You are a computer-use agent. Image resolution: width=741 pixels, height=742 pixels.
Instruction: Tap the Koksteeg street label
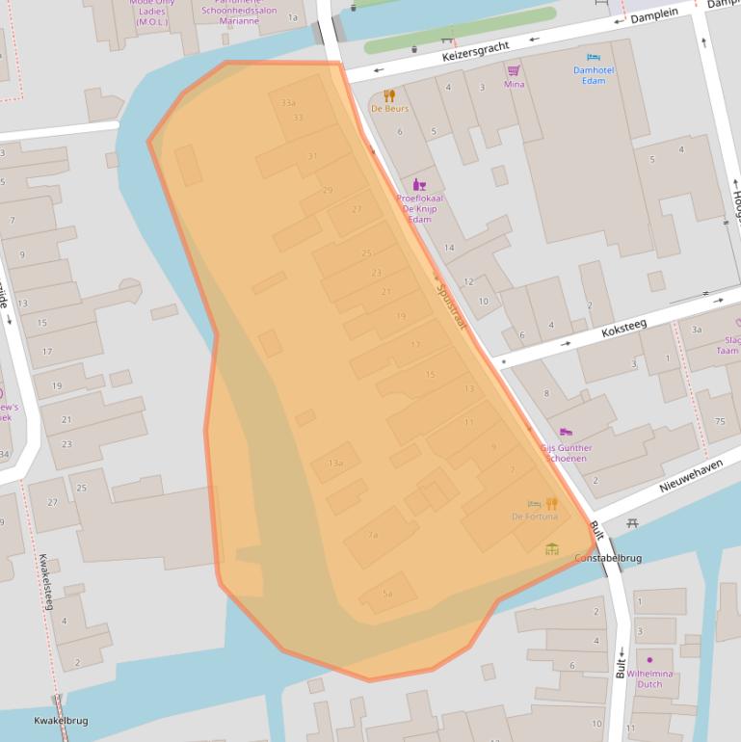623,329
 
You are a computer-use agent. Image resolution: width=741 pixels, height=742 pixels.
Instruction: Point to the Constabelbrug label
608,558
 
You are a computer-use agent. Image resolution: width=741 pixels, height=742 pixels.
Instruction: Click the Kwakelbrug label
61,721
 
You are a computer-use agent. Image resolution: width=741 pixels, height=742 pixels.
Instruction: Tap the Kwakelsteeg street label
45,582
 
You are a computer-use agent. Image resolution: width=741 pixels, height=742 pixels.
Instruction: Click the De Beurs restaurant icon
389,95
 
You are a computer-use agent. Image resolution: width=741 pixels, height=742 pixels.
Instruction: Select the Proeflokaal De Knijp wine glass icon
418,184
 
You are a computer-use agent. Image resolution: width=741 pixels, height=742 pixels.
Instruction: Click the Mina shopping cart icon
514,70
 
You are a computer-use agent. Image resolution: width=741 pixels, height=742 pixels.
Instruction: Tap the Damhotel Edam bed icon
593,58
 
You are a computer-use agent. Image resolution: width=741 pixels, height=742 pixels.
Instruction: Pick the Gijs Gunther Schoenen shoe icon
565,433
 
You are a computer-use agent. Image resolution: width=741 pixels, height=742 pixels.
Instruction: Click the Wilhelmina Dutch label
650,678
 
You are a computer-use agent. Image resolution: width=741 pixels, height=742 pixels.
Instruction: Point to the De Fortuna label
535,517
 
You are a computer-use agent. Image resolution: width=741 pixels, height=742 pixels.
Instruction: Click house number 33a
287,103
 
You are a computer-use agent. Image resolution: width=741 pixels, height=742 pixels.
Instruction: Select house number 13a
334,464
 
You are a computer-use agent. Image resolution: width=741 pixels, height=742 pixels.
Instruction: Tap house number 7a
373,534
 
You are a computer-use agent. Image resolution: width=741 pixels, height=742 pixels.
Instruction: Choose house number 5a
387,594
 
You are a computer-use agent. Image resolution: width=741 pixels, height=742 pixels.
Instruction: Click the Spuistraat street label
450,305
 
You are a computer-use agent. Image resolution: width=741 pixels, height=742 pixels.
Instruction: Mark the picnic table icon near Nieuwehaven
632,522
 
